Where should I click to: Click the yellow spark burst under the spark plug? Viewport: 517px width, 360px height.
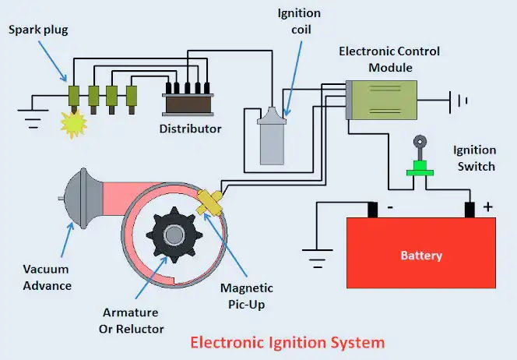pyautogui.click(x=74, y=125)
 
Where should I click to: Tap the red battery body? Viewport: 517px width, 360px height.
pyautogui.click(x=421, y=252)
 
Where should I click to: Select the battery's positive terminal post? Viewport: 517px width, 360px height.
pyautogui.click(x=470, y=210)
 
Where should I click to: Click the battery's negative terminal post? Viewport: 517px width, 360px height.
pyautogui.click(x=373, y=210)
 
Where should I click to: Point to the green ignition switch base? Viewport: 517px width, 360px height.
pyautogui.click(x=420, y=168)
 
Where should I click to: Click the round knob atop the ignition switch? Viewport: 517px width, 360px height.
pyautogui.click(x=420, y=142)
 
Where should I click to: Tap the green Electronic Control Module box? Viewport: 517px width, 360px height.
pyautogui.click(x=382, y=100)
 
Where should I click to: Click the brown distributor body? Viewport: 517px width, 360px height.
pyautogui.click(x=188, y=104)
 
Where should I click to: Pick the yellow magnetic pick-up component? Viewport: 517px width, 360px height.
pyautogui.click(x=209, y=203)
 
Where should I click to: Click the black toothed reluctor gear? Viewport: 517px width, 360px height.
pyautogui.click(x=174, y=235)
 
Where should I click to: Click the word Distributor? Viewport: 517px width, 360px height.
pyautogui.click(x=190, y=129)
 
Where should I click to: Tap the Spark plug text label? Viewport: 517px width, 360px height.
pyautogui.click(x=38, y=30)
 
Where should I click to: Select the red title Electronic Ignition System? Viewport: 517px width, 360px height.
pyautogui.click(x=287, y=343)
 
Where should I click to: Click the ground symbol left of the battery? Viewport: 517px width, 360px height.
pyautogui.click(x=317, y=258)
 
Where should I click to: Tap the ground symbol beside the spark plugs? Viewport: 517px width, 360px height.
pyautogui.click(x=33, y=118)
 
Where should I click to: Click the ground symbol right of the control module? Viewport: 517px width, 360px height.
pyautogui.click(x=459, y=101)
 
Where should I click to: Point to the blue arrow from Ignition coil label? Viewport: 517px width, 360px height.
pyautogui.click(x=293, y=79)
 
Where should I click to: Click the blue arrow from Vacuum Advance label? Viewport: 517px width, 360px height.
pyautogui.click(x=68, y=239)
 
